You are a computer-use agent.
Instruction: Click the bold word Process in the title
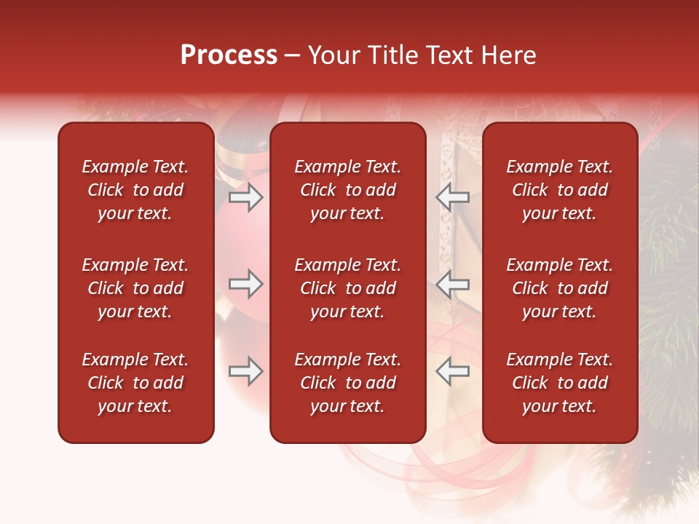click(229, 55)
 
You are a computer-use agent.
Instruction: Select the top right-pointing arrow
click(246, 196)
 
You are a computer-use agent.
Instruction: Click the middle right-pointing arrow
click(246, 284)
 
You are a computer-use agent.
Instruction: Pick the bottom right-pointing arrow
click(246, 371)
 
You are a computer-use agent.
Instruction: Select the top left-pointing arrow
click(452, 196)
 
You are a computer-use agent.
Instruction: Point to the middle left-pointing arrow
click(452, 284)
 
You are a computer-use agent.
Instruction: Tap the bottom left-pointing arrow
click(452, 371)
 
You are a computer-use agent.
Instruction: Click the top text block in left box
click(135, 190)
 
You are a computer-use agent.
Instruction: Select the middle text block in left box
click(135, 288)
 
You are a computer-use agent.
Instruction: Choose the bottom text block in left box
click(135, 383)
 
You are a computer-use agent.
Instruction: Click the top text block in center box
click(347, 190)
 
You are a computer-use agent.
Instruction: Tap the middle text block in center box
click(347, 288)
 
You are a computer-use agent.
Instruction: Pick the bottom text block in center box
click(347, 383)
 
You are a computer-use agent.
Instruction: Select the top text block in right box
click(559, 190)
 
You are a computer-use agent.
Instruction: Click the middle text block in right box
click(559, 288)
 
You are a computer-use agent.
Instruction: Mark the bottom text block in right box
click(559, 383)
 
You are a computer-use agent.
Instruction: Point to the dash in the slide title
click(293, 56)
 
